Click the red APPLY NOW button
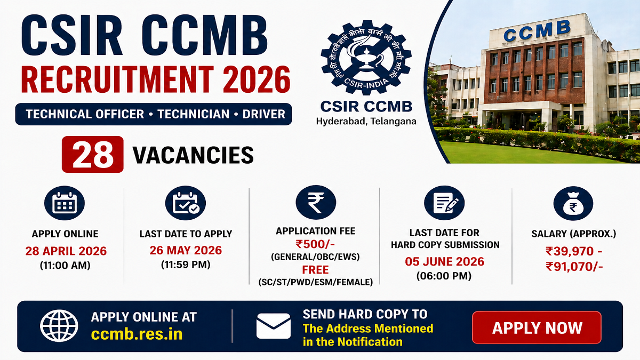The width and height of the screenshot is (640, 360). (537, 327)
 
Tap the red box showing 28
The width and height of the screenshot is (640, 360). (93, 155)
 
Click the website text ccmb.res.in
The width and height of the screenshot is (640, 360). (137, 334)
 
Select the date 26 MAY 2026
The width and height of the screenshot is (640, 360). (186, 250)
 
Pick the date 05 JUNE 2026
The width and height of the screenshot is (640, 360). (445, 261)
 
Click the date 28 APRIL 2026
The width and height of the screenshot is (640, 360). (66, 251)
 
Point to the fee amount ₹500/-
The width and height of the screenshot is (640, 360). (315, 244)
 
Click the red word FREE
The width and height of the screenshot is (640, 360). (315, 269)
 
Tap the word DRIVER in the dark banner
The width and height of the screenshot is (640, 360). (263, 114)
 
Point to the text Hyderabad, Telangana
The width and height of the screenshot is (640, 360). (366, 121)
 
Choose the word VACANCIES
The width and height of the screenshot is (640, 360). (193, 155)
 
